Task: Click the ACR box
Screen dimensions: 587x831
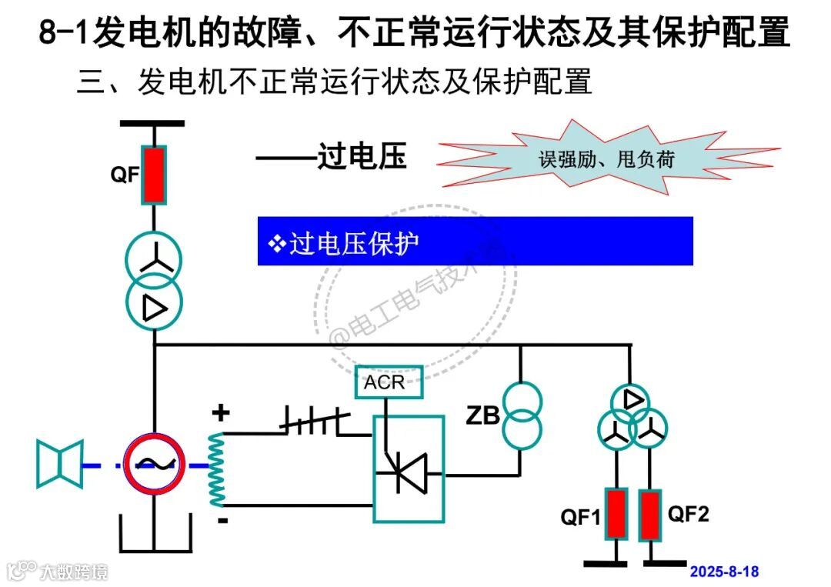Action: [389, 382]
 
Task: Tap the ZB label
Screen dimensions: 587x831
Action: [482, 417]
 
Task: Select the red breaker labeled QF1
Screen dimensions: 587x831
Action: [616, 514]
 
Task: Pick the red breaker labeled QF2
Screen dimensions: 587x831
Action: [651, 514]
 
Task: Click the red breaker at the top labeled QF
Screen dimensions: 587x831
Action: [154, 175]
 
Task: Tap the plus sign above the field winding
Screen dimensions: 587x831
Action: [221, 414]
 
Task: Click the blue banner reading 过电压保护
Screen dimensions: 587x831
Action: [475, 242]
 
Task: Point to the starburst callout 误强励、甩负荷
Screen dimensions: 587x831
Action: [608, 158]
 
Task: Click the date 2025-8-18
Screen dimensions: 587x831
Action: [723, 572]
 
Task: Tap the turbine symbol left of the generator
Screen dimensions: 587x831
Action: [59, 465]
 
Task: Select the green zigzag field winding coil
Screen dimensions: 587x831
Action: [218, 469]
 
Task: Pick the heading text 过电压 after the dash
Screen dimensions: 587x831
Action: [362, 157]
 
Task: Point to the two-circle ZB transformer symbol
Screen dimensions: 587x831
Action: [522, 415]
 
